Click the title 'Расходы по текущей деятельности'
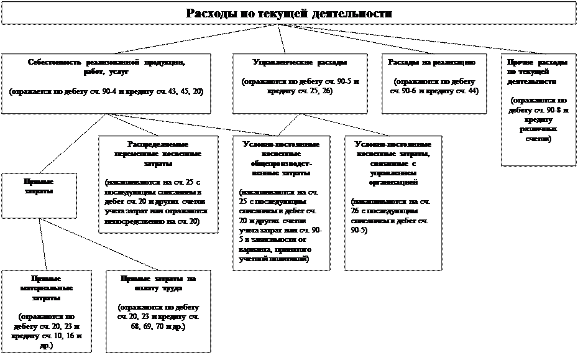tap(289, 14)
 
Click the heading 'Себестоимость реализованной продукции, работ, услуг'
tap(106, 67)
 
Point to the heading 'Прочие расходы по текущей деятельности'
tap(537, 72)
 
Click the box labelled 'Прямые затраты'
tap(38, 185)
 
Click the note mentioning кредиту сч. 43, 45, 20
tap(106, 91)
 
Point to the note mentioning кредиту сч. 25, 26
tap(300, 86)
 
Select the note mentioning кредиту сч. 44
tap(433, 86)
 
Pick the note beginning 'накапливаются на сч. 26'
tap(391, 216)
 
